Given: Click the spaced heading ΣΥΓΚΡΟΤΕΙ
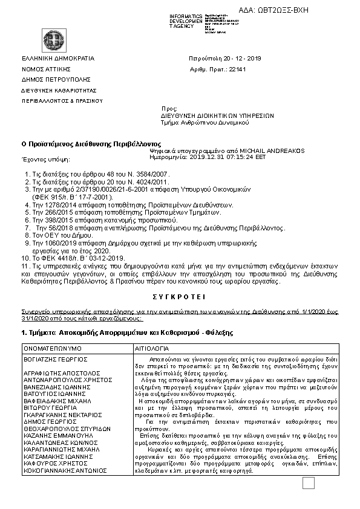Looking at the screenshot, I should click(x=180, y=297).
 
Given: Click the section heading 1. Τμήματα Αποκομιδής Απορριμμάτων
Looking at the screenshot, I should click(x=127, y=332).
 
